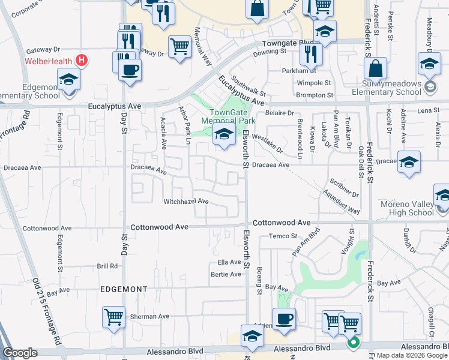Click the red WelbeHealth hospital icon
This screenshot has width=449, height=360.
click(x=83, y=61)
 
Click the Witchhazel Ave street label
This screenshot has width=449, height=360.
click(x=186, y=202)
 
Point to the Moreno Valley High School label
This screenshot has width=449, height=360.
click(x=407, y=208)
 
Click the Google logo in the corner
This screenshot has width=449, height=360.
click(x=20, y=353)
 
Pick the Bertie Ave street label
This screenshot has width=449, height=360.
click(x=226, y=274)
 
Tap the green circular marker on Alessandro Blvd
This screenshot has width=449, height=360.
click(x=354, y=343)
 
